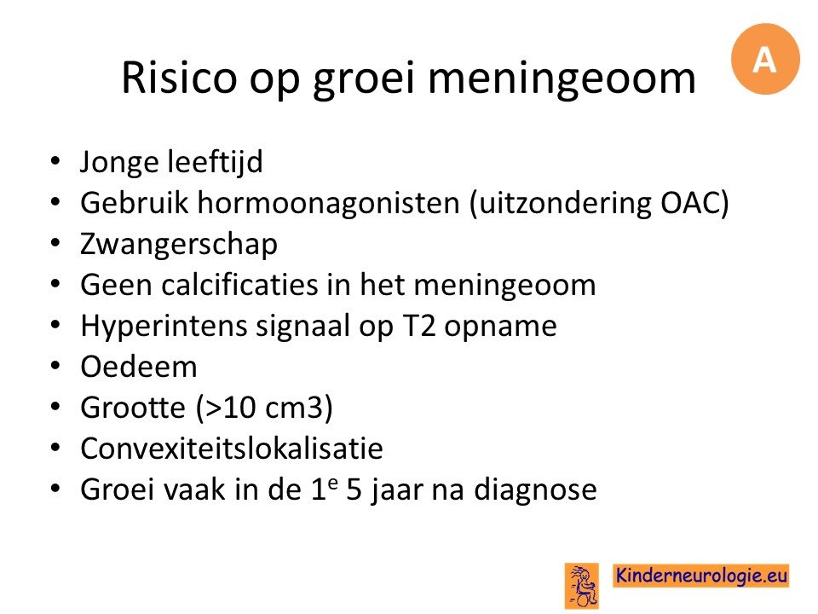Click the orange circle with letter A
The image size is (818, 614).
[765, 59]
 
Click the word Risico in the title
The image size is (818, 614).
[179, 78]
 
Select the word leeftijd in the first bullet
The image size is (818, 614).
[215, 162]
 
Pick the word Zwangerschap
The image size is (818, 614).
[178, 245]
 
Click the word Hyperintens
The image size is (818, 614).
[164, 327]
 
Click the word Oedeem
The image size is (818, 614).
[139, 367]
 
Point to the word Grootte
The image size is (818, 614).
[133, 408]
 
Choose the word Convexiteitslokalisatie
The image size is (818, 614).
[232, 448]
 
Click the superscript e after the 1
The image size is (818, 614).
[333, 483]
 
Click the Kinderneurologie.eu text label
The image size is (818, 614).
[700, 576]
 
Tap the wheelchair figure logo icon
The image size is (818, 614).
[582, 586]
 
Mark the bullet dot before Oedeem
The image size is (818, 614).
[56, 366]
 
